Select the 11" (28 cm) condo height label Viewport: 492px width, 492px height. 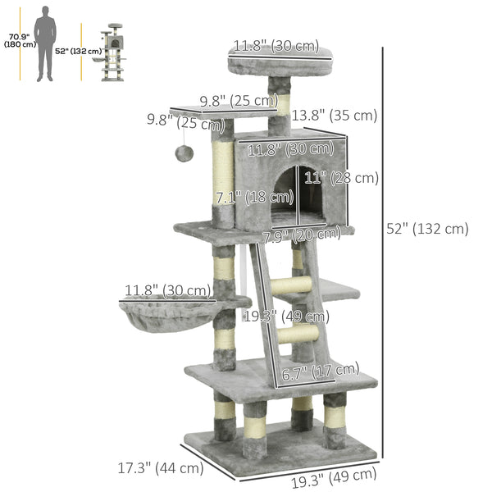pyautogui.click(x=353, y=178)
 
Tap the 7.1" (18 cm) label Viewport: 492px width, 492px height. pyautogui.click(x=254, y=197)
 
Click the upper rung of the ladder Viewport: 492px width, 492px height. pyautogui.click(x=295, y=285)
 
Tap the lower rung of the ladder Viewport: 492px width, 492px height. pyautogui.click(x=298, y=335)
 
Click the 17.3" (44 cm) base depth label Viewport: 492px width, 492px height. pyautogui.click(x=160, y=468)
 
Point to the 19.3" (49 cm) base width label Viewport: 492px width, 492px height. pyautogui.click(x=331, y=474)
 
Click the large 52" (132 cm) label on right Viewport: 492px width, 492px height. pyautogui.click(x=427, y=229)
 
